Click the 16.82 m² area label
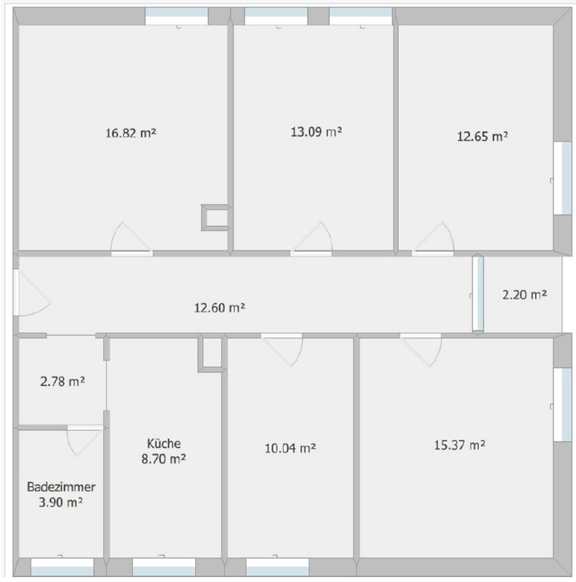tap(130, 132)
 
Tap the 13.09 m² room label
tap(316, 132)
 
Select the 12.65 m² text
tap(482, 136)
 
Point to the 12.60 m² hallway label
tap(219, 307)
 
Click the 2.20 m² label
tap(524, 294)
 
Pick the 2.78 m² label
tap(62, 381)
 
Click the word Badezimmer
tap(61, 487)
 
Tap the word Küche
tap(164, 443)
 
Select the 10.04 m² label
tap(290, 448)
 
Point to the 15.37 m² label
tap(460, 445)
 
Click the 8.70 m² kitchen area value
tap(164, 459)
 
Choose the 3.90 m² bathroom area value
tap(61, 503)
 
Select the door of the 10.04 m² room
tap(282, 350)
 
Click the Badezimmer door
tap(84, 441)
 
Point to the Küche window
tap(164, 567)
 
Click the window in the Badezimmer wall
tap(62, 567)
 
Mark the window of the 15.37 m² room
tap(563, 404)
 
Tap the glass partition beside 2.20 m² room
tap(478, 293)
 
